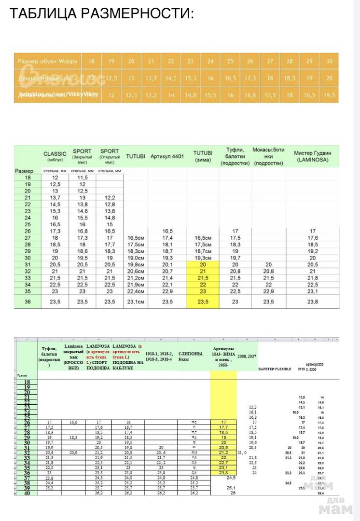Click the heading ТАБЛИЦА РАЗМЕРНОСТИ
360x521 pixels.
click(101, 13)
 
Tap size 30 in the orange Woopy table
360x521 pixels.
click(330, 61)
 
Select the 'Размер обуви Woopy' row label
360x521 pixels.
click(44, 62)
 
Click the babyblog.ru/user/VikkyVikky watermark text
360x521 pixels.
click(58, 95)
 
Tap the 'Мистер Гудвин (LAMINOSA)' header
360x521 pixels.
click(312, 155)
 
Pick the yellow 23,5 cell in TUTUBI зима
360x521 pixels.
click(203, 302)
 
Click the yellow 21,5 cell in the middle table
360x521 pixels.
click(203, 279)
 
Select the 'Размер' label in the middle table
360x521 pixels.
click(24, 171)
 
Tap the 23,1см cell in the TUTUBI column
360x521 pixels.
click(135, 302)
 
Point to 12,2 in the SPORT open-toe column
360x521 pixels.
click(110, 198)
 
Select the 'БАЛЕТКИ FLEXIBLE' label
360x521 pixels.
click(275, 369)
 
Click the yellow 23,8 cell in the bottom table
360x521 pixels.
click(223, 473)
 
